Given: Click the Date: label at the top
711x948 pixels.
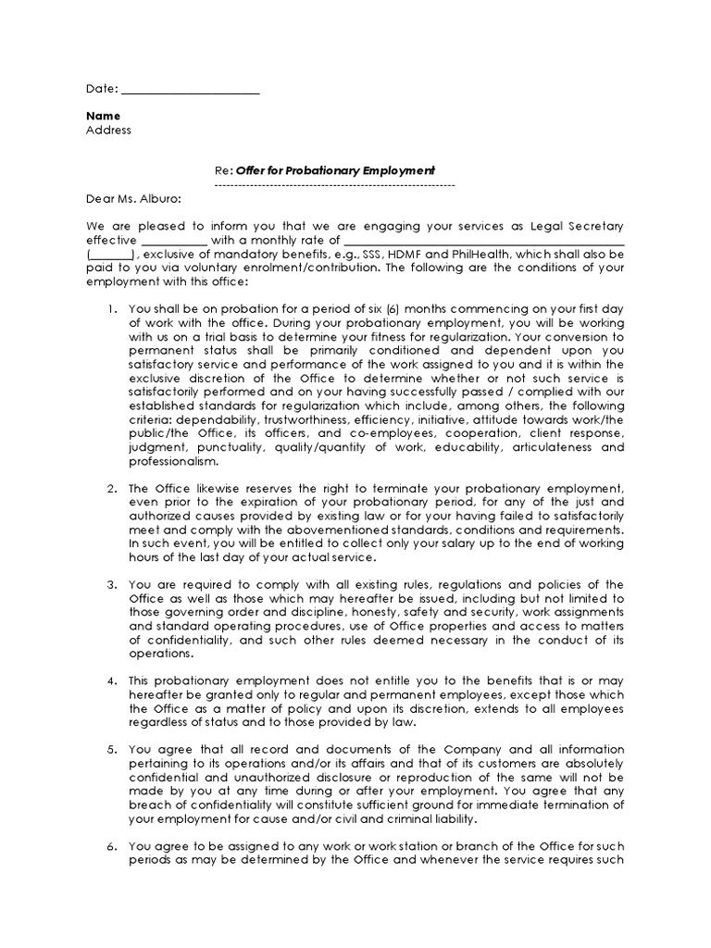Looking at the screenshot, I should click(101, 89).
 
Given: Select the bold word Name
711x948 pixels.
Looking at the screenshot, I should click(103, 116).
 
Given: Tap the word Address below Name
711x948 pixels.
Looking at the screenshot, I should click(108, 130).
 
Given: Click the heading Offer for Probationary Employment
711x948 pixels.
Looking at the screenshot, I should click(334, 171).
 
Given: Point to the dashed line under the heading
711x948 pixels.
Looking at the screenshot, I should click(334, 185).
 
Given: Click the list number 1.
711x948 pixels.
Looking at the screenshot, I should click(110, 309).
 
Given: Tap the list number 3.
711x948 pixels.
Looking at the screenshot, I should click(110, 584).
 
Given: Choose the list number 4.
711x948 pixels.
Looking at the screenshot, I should click(110, 680).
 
